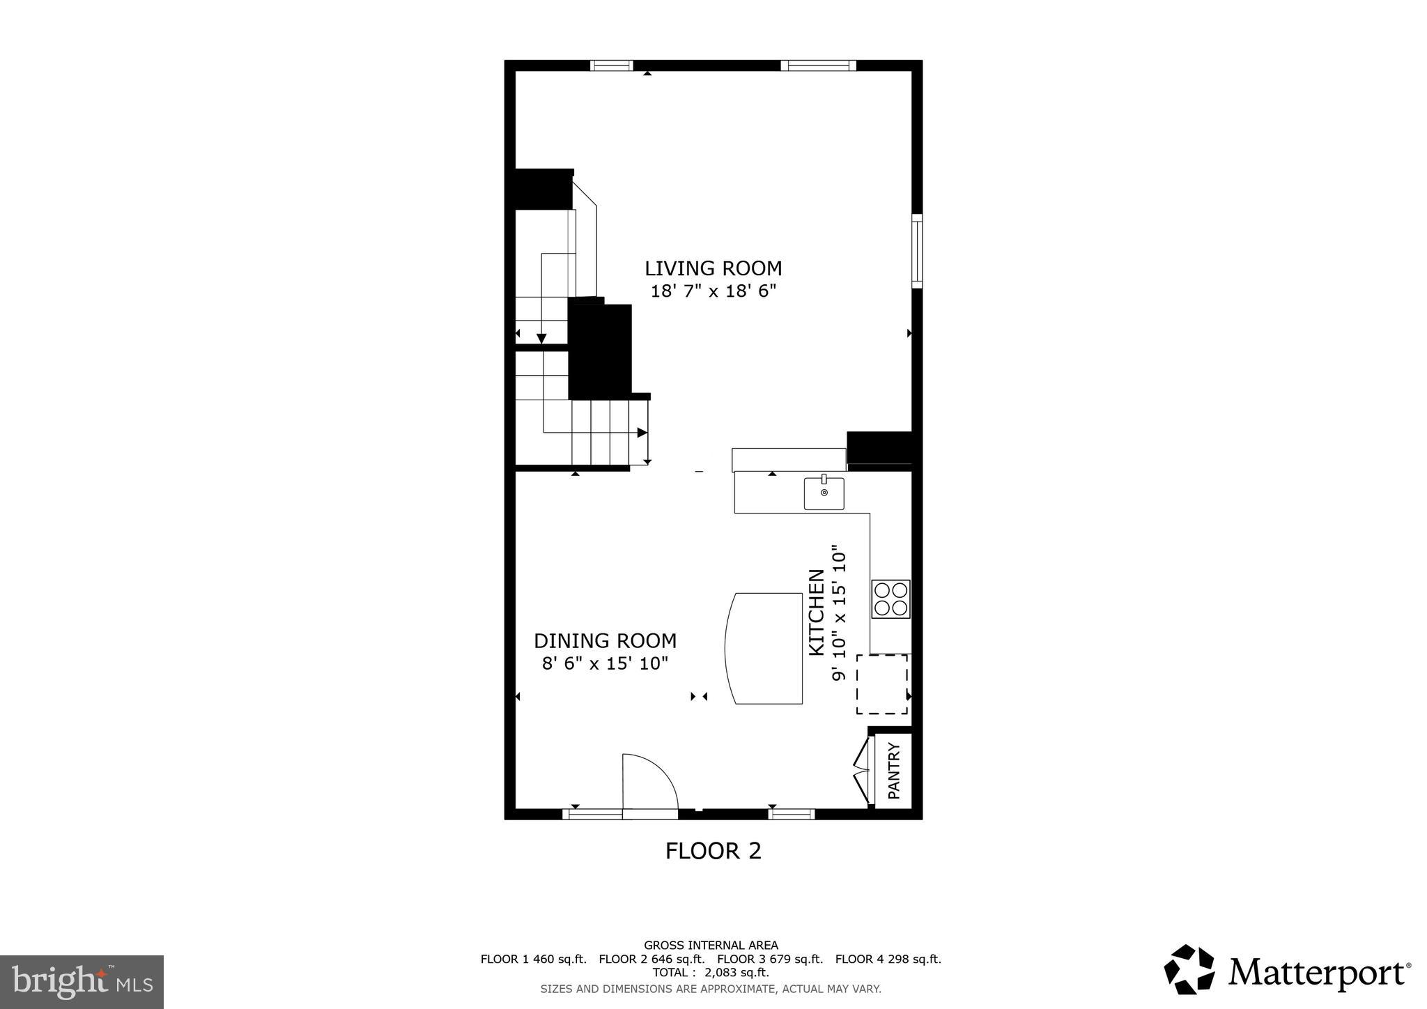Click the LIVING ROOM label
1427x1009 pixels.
point(713,268)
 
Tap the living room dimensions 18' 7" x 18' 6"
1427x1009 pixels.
point(713,291)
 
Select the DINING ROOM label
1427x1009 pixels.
point(605,640)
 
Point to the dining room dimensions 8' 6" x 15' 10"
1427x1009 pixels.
point(605,663)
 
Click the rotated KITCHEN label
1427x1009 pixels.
point(816,613)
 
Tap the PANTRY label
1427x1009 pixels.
point(894,771)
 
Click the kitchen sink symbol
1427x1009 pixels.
point(824,493)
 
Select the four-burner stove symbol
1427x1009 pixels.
point(890,599)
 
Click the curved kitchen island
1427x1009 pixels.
point(765,648)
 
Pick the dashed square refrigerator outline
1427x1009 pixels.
point(882,684)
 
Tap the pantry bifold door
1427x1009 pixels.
point(863,770)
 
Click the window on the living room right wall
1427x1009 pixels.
point(917,251)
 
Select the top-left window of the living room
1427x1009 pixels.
point(611,66)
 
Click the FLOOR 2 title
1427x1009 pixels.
point(713,851)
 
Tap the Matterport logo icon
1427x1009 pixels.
point(1189,970)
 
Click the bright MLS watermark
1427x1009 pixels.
point(82,982)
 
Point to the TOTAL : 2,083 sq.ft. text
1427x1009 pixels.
point(710,973)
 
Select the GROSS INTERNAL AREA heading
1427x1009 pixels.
point(710,946)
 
